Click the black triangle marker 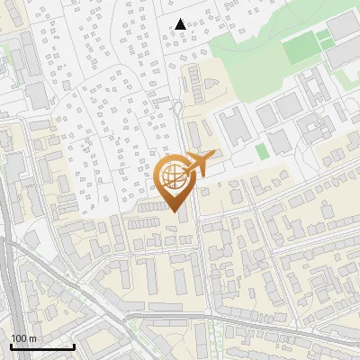(x=181, y=24)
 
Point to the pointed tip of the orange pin (x=175, y=212)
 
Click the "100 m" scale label (x=24, y=338)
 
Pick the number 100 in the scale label (x=20, y=338)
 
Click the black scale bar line (x=42, y=346)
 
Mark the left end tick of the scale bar (x=11, y=345)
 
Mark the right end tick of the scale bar (x=74, y=345)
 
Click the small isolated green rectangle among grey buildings (x=261, y=151)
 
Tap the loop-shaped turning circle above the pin (x=178, y=109)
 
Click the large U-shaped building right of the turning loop (x=229, y=126)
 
